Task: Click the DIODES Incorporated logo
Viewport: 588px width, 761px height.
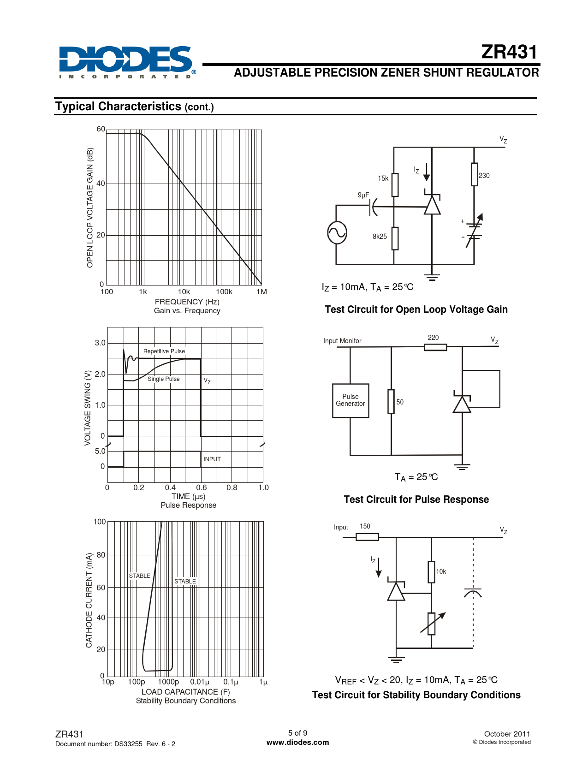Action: (x=127, y=62)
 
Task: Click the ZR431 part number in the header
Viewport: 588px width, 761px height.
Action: (x=509, y=52)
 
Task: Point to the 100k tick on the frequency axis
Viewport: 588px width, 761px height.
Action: (x=224, y=292)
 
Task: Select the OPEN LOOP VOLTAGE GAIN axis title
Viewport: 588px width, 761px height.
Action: (x=90, y=208)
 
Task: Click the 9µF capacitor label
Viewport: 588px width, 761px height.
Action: (x=363, y=195)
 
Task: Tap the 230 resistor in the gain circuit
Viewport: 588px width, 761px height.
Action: (x=475, y=174)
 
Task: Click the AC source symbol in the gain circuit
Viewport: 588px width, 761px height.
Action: (x=337, y=232)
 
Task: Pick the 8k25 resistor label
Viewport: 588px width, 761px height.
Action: (x=380, y=237)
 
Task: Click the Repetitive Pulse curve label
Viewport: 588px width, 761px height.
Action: (x=164, y=351)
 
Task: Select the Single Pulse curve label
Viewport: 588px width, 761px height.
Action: (x=164, y=379)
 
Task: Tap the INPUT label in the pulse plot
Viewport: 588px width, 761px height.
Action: (x=212, y=459)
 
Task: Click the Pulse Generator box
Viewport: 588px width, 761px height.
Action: (x=350, y=401)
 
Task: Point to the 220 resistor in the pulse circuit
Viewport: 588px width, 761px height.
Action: (x=435, y=347)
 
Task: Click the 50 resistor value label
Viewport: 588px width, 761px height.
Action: (x=400, y=402)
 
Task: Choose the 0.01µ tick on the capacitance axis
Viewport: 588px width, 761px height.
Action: (x=200, y=682)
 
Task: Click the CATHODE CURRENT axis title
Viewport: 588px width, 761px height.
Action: (x=89, y=600)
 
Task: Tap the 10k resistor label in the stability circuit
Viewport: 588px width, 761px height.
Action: (x=441, y=571)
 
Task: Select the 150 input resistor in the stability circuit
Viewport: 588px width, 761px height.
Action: (x=368, y=537)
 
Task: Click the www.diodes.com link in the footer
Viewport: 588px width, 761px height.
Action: (x=297, y=742)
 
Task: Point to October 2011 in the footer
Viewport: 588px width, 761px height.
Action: (x=507, y=734)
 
